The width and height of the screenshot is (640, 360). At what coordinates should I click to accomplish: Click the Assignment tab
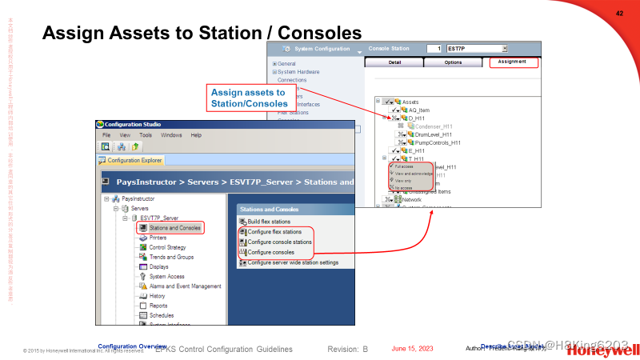513,62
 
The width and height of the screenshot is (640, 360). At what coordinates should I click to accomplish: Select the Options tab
454,62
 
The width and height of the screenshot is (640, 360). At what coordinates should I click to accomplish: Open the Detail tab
394,62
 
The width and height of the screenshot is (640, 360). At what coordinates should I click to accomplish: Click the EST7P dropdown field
477,49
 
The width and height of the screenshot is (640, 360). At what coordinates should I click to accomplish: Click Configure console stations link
279,242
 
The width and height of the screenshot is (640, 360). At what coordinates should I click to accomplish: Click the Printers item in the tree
158,238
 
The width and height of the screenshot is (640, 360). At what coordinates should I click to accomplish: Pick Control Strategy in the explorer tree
167,247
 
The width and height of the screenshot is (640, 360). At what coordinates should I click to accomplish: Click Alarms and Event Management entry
185,286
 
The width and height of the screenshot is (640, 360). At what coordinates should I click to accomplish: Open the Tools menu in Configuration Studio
146,135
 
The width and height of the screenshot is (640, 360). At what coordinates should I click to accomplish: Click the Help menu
196,135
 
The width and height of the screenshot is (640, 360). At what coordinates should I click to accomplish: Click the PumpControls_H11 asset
438,142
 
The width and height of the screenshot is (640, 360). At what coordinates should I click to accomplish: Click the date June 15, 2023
412,349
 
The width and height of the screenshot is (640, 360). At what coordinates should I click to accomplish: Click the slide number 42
619,13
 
